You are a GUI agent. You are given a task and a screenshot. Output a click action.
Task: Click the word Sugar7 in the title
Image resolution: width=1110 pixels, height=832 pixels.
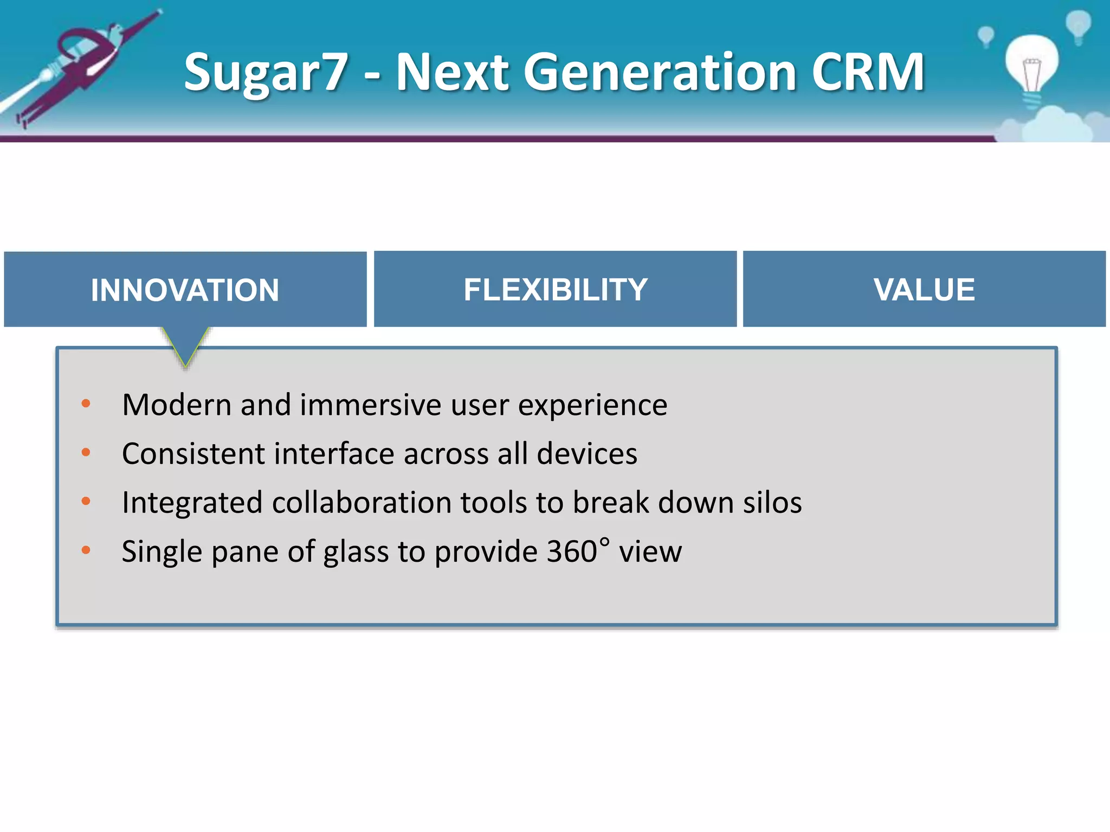(x=266, y=72)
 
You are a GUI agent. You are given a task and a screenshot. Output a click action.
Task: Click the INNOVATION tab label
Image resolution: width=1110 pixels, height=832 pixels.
(x=185, y=290)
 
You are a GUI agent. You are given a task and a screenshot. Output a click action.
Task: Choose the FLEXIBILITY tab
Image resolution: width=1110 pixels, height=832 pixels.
(x=555, y=290)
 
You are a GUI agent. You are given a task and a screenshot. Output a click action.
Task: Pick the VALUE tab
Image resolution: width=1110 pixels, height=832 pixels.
(x=924, y=290)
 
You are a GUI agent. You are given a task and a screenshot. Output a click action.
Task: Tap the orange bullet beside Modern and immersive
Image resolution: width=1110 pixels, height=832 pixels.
(x=86, y=404)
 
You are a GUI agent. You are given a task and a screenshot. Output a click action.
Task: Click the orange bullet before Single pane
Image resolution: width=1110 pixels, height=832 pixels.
(x=86, y=550)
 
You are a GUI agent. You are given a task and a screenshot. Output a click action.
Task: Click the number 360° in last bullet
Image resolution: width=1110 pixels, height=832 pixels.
(x=577, y=551)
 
